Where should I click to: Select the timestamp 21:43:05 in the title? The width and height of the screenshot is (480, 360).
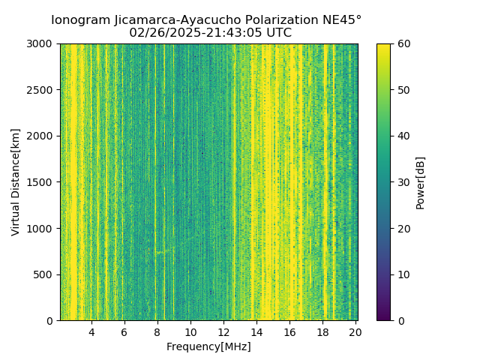[x=227, y=33]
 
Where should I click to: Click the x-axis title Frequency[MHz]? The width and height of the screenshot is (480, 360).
[x=208, y=346]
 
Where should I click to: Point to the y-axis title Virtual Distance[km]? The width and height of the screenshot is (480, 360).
[x=16, y=182]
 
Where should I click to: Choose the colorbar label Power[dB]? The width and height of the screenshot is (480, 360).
[x=420, y=182]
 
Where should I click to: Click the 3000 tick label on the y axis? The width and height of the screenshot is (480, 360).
[x=41, y=43]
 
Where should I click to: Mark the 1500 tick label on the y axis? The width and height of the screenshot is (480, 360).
[x=41, y=182]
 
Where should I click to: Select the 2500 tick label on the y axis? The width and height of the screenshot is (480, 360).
[x=41, y=90]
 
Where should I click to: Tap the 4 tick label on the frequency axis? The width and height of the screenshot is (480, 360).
[x=91, y=332]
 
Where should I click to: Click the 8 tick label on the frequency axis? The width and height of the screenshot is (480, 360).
[x=157, y=332]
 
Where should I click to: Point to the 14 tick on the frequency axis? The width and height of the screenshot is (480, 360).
[x=256, y=332]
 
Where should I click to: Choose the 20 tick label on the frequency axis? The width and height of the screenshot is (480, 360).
[x=355, y=332]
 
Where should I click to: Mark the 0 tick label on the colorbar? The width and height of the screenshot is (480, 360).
[x=401, y=320]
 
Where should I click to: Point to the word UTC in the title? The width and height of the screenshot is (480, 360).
[x=280, y=33]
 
